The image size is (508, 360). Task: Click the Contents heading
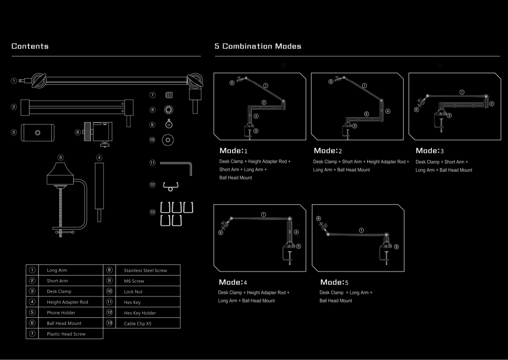30,46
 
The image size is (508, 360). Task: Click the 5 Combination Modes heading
258,46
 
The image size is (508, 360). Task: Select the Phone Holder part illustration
37,132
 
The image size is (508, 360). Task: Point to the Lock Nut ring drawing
168,139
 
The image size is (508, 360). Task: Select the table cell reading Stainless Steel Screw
145,270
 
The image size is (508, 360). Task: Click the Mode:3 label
429,151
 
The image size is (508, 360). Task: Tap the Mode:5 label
335,282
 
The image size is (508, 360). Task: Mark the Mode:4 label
233,282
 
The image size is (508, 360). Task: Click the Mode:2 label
328,151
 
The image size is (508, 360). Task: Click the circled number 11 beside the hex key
152,163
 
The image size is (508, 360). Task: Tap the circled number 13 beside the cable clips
152,213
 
